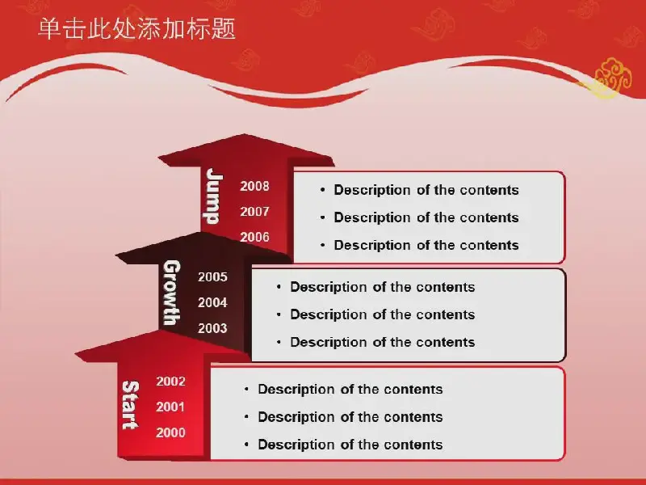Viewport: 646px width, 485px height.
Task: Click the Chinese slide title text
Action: [x=136, y=29]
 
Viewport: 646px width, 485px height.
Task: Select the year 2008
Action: [x=254, y=186]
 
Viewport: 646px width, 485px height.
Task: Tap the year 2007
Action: [x=254, y=212]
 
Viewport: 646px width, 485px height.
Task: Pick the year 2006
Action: [x=254, y=237]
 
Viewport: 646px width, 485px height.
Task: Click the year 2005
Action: [x=212, y=276]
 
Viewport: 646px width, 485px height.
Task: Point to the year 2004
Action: [x=212, y=302]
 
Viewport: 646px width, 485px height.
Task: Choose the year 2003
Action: [x=212, y=328]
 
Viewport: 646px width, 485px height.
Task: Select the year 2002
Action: [x=170, y=381]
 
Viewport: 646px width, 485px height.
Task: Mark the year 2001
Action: [x=170, y=407]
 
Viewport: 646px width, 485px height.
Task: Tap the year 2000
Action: [x=170, y=432]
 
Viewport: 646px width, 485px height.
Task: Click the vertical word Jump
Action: [x=214, y=196]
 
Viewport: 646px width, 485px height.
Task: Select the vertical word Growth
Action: [x=171, y=293]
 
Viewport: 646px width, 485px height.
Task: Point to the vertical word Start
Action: [x=130, y=405]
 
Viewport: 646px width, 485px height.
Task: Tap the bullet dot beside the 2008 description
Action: [x=322, y=190]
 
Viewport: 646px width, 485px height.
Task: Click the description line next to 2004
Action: [x=382, y=314]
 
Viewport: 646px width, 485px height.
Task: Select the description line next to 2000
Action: [x=350, y=445]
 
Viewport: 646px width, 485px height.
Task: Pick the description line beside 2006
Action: [x=426, y=245]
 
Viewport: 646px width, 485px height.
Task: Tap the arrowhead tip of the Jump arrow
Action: [x=245, y=134]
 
